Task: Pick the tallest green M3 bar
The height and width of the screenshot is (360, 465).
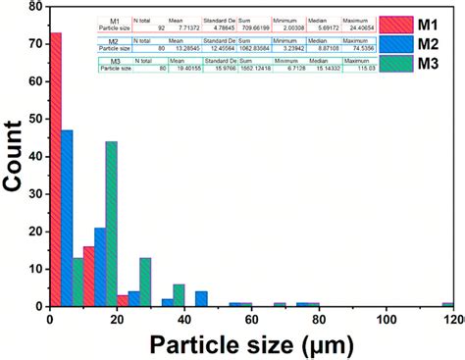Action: (111, 223)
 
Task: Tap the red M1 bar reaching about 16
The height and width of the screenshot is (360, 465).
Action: (89, 276)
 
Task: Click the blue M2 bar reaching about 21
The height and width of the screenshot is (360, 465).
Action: (100, 266)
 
